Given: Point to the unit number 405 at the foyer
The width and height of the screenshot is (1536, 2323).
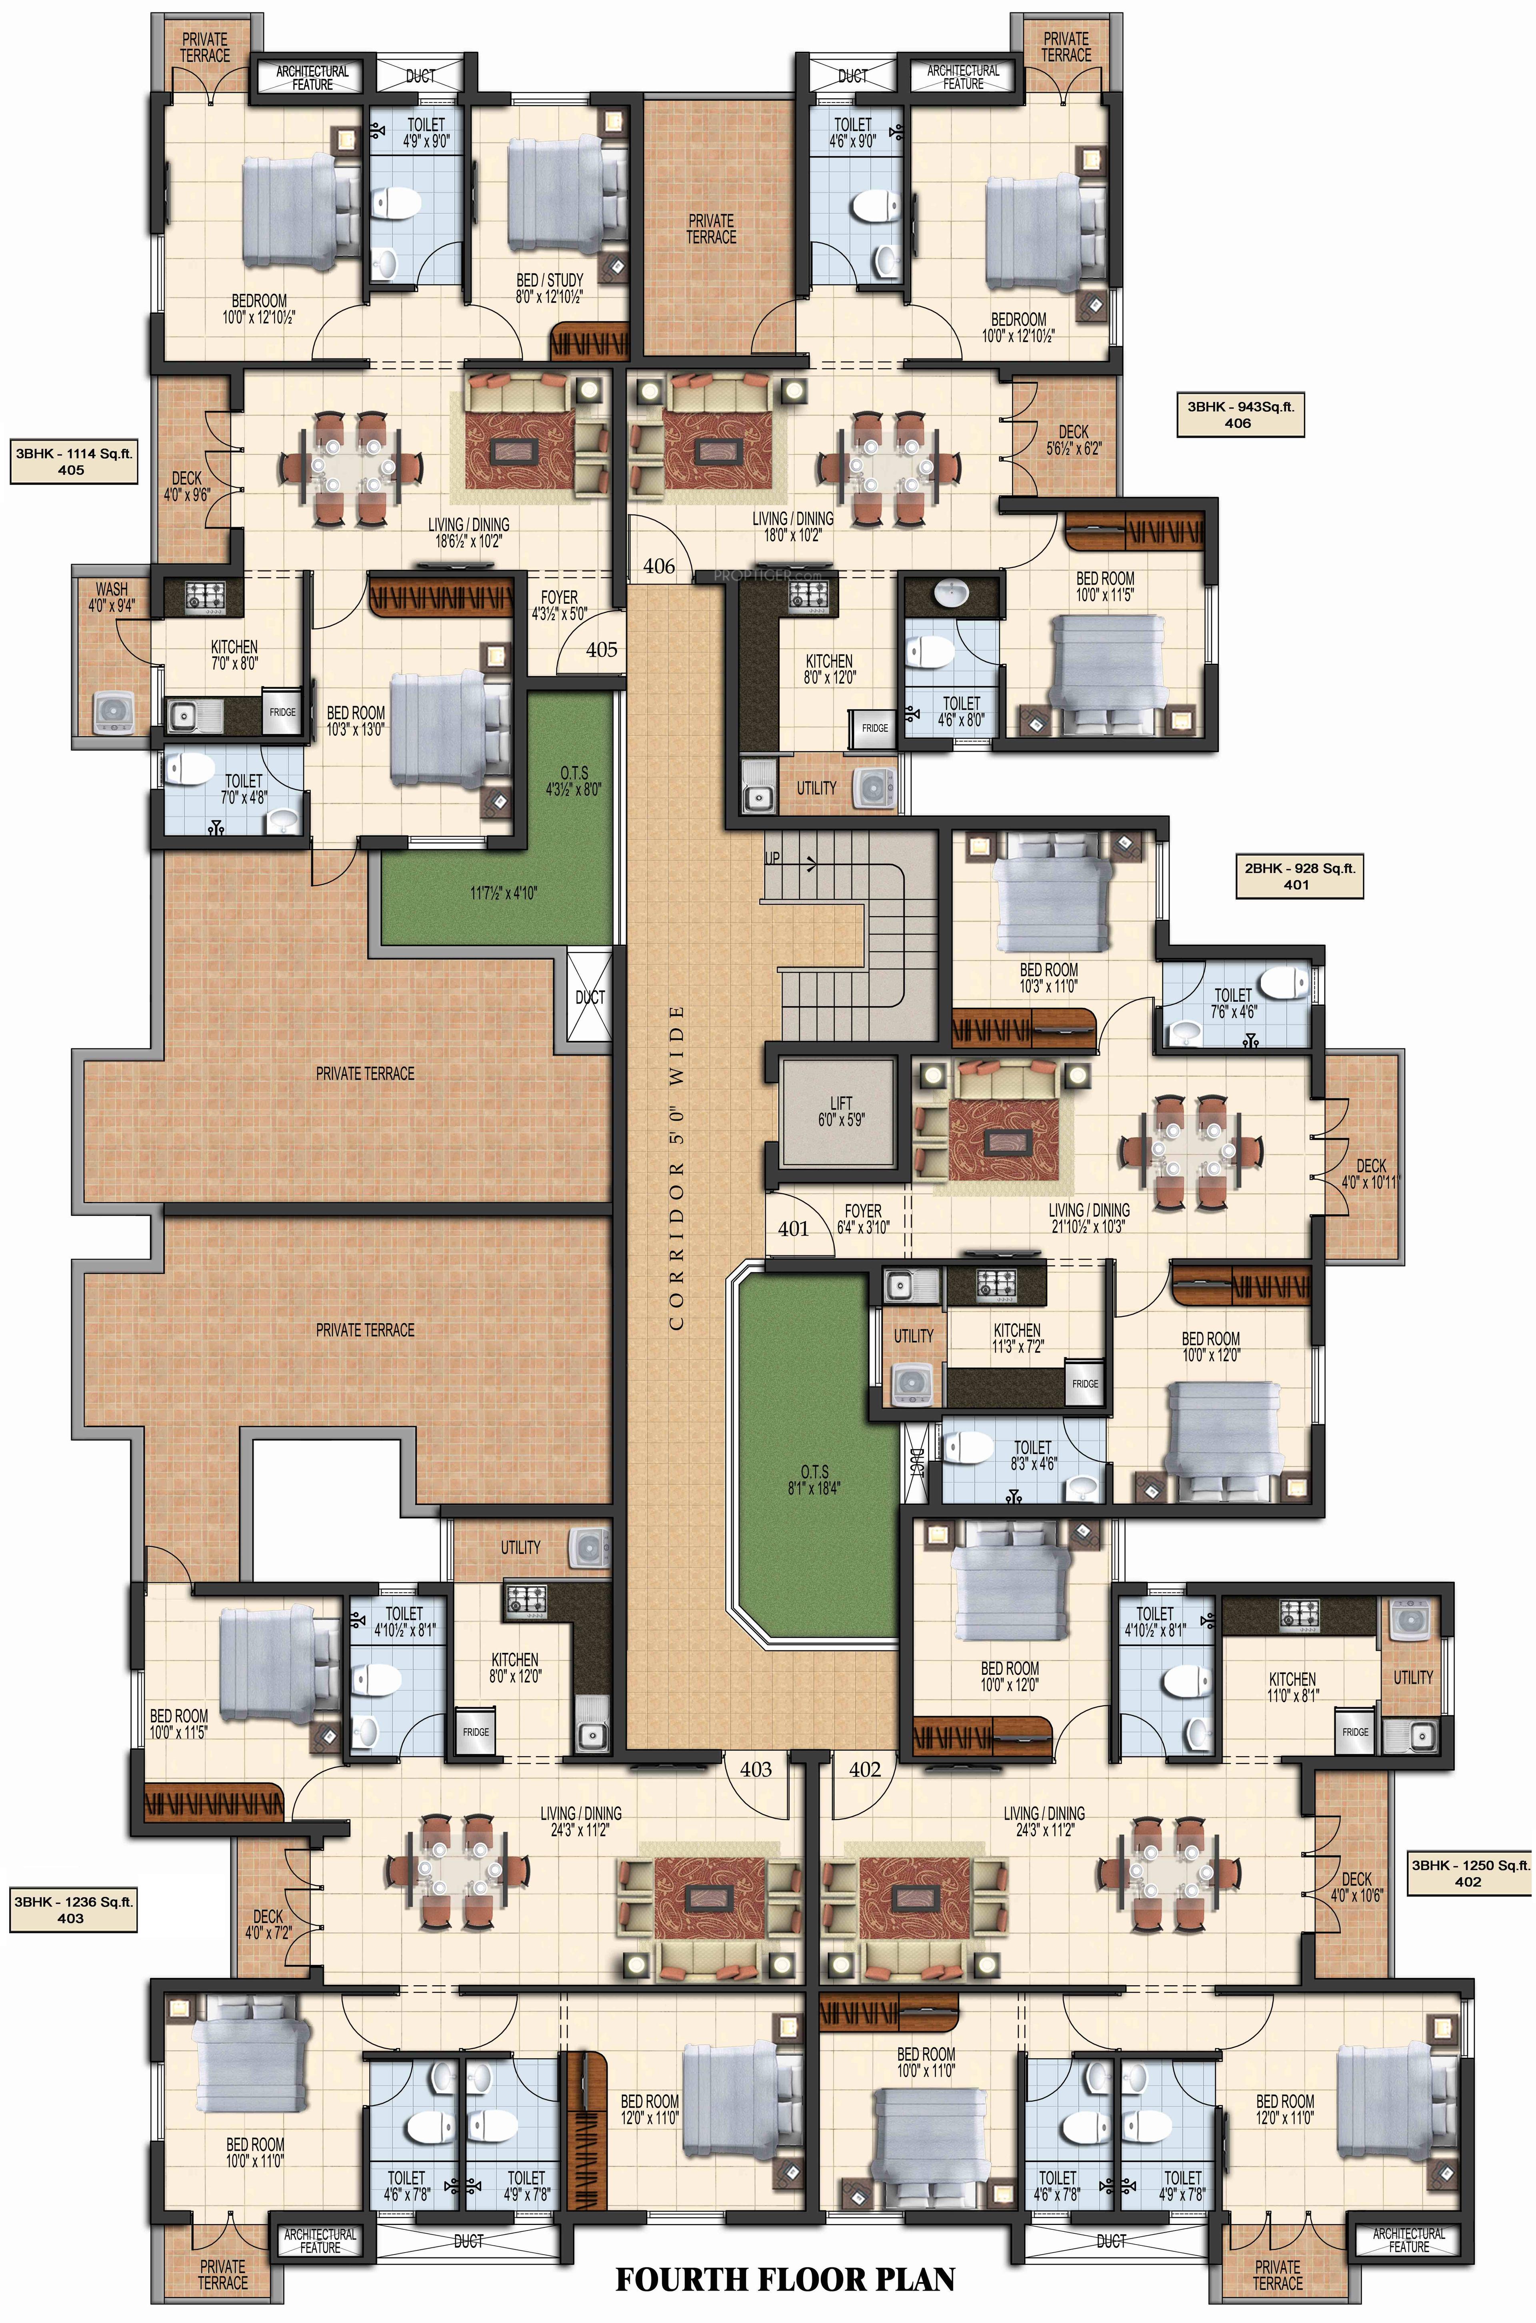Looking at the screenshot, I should pyautogui.click(x=602, y=650).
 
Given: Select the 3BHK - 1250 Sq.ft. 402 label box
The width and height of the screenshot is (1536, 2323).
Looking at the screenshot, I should pyautogui.click(x=1468, y=1872).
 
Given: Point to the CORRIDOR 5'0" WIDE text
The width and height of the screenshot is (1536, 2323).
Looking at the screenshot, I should pyautogui.click(x=676, y=1166).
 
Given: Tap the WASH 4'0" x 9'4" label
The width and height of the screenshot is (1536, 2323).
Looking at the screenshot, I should pyautogui.click(x=112, y=597).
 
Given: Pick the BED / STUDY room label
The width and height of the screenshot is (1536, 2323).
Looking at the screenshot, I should pyautogui.click(x=550, y=287).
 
